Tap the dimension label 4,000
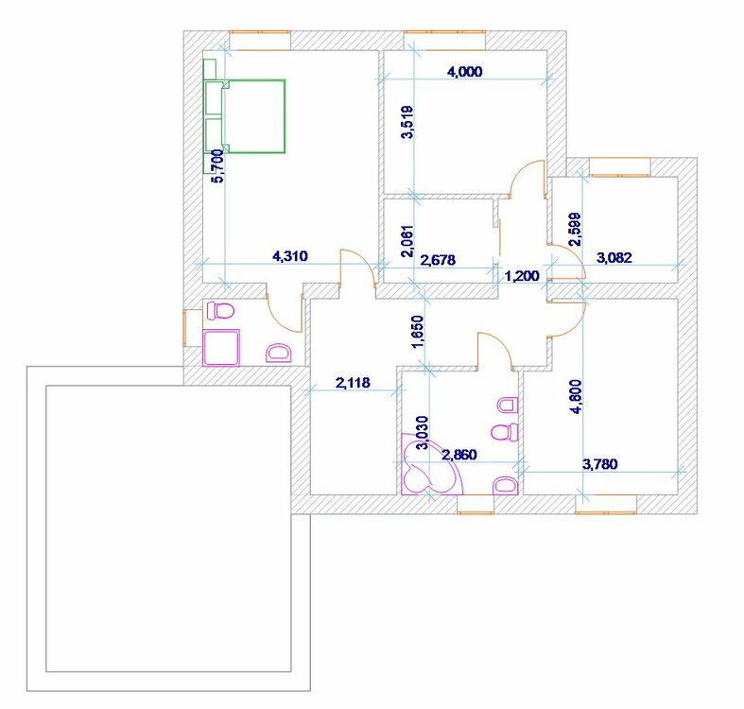[465, 72]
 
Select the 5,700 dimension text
[216, 165]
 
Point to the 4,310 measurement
[290, 256]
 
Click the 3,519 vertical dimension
[407, 122]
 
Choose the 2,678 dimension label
[438, 260]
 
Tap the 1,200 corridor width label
[522, 275]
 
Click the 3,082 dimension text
[614, 258]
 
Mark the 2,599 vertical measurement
[575, 229]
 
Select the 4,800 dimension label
[576, 396]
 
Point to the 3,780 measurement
[599, 463]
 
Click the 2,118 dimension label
[353, 382]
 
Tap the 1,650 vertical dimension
[419, 332]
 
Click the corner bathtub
[429, 467]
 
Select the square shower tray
[221, 348]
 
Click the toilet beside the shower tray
[221, 311]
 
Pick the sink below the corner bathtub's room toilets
[505, 485]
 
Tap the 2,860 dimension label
[459, 455]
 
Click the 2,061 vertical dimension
[407, 241]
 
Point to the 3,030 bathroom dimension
[422, 433]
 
